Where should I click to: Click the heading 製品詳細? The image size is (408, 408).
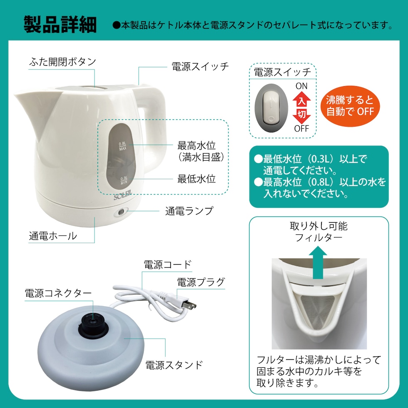[x=60, y=25]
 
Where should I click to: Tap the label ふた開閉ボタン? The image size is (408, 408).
[x=62, y=62]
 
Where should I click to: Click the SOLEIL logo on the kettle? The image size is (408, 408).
[x=122, y=195]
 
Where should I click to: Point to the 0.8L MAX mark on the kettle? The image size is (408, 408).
[x=122, y=146]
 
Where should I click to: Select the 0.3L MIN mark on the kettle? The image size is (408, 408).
[x=124, y=180]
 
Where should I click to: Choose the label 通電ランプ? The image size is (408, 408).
[x=189, y=211]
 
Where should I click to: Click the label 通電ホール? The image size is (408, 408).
[x=53, y=236]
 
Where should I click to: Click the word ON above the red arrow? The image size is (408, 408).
[x=301, y=86]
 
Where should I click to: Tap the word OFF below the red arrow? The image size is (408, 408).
[x=301, y=129]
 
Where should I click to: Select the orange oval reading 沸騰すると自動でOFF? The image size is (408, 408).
[x=350, y=106]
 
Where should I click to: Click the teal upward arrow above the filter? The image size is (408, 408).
[x=318, y=262]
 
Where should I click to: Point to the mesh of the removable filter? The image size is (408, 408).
[x=318, y=311]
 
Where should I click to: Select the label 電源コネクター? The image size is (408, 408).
[x=58, y=293]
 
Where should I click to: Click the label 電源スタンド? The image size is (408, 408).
[x=174, y=365]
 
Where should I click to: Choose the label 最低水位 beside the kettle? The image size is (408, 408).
[x=197, y=179]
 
